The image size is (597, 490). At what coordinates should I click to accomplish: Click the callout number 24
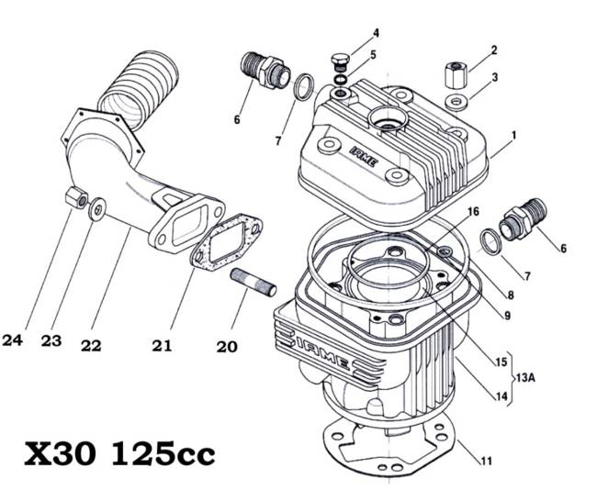point(13,340)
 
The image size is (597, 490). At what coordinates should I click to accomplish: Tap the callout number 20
point(227,347)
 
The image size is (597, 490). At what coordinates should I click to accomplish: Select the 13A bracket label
point(525,378)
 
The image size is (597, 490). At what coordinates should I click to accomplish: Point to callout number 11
point(486,461)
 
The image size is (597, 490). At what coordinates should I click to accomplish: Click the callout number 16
point(473,211)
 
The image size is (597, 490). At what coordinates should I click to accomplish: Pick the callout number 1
point(513,135)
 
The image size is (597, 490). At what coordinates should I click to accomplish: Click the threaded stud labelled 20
point(253,283)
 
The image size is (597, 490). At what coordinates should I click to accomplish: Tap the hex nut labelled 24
point(76,197)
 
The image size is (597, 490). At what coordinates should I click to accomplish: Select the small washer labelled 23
point(96,209)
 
